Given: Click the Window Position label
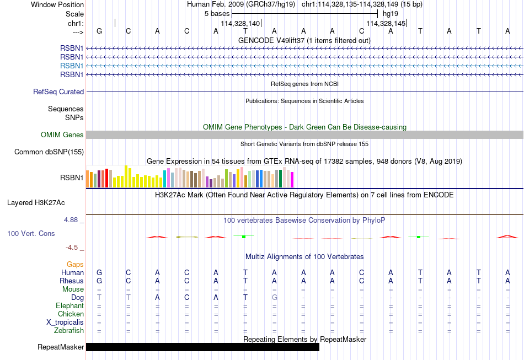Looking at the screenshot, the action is [x=57, y=4].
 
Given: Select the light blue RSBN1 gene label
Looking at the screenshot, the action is [x=72, y=66].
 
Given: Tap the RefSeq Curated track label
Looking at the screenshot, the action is [x=58, y=92].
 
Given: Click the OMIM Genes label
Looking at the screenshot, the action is [x=62, y=135].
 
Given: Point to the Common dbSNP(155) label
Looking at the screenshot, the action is [x=49, y=152].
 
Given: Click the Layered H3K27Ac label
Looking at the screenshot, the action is [x=36, y=203].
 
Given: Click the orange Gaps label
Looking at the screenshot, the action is [x=75, y=265].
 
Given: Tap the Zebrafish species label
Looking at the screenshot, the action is [x=69, y=331].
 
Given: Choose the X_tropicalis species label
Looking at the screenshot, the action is [x=65, y=323].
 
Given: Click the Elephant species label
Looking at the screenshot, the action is [x=70, y=305].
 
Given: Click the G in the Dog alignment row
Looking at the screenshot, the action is [x=274, y=298].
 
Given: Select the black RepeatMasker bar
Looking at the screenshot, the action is [x=202, y=347].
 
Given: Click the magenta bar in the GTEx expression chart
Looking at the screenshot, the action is [x=292, y=180].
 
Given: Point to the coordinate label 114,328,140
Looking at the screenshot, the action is [x=240, y=23].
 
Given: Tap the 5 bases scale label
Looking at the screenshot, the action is [x=217, y=14].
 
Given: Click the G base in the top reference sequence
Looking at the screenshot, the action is [x=99, y=31].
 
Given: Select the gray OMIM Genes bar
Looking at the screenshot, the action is [x=305, y=135].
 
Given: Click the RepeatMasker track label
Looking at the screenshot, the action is [x=61, y=347].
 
